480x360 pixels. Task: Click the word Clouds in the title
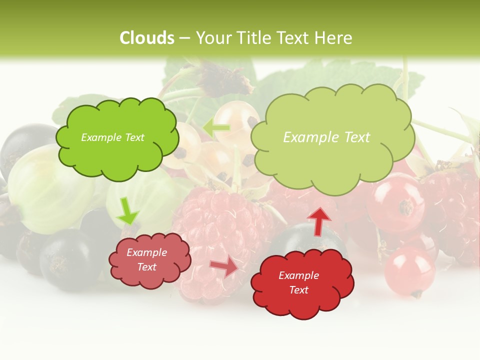[147, 38]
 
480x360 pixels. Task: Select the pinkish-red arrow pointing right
[224, 266]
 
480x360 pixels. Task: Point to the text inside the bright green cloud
[112, 137]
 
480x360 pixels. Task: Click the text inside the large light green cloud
[326, 137]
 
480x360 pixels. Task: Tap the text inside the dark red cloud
[298, 282]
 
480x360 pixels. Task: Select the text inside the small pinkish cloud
[146, 259]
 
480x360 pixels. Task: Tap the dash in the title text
[184, 38]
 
